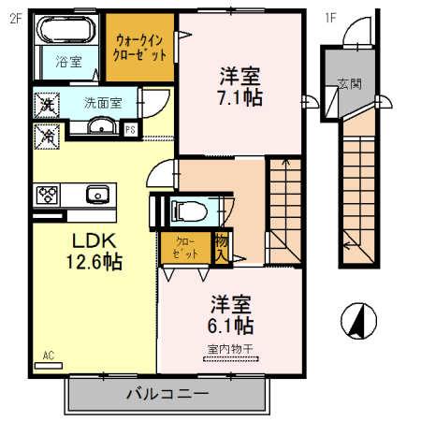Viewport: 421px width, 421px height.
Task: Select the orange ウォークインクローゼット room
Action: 139,47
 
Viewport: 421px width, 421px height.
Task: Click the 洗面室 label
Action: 102,103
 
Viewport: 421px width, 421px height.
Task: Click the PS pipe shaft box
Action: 131,129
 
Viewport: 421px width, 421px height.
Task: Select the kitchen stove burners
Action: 48,196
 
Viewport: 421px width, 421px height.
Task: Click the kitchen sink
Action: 97,195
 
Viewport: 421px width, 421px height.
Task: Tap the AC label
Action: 49,356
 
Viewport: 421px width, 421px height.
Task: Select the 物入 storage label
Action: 221,246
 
